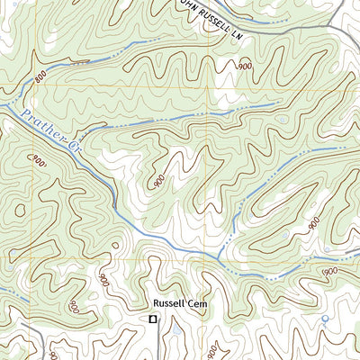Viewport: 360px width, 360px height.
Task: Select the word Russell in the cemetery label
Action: [x=169, y=305]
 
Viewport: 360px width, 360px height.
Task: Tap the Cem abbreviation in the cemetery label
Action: [x=199, y=305]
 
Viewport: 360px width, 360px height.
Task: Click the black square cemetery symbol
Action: [x=153, y=319]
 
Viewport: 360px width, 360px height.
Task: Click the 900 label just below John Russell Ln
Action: [x=244, y=67]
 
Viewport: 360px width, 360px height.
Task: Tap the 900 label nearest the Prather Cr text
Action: [x=38, y=162]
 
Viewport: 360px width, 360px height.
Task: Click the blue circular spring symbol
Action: [x=325, y=318]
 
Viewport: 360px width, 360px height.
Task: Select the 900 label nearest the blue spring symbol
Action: [x=328, y=271]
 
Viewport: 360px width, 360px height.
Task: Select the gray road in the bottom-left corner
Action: [x=40, y=346]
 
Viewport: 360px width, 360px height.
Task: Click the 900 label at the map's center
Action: [x=159, y=181]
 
